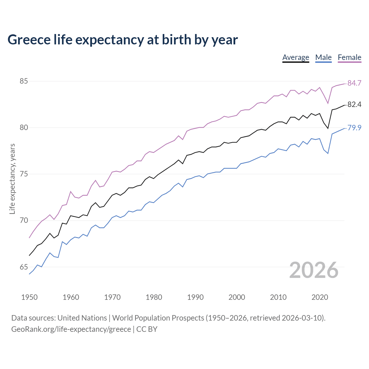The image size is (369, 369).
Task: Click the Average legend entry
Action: [x=295, y=57]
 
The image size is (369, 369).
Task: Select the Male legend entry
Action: [x=323, y=57]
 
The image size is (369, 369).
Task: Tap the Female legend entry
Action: [x=349, y=57]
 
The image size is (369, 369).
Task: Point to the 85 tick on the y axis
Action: [x=24, y=81]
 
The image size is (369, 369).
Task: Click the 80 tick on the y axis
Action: [x=24, y=128]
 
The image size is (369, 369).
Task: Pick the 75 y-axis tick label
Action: [x=24, y=174]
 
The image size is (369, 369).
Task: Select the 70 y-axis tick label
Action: [x=24, y=221]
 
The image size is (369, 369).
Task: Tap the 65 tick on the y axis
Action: [x=24, y=267]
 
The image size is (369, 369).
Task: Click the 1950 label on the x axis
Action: [x=29, y=297]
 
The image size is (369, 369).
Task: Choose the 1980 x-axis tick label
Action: [x=154, y=297]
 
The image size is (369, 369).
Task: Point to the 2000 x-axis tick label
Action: [x=237, y=297]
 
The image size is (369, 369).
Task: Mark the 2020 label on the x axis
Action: [x=320, y=297]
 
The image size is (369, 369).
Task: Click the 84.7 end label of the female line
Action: [x=354, y=83]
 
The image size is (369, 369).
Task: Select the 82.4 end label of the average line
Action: [x=354, y=105]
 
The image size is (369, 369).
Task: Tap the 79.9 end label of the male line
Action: [x=354, y=128]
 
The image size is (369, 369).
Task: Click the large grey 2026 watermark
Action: [x=314, y=270]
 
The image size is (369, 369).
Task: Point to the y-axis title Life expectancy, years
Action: [x=12, y=179]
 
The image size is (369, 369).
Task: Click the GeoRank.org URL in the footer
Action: [x=71, y=329]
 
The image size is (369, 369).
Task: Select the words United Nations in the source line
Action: [x=82, y=318]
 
